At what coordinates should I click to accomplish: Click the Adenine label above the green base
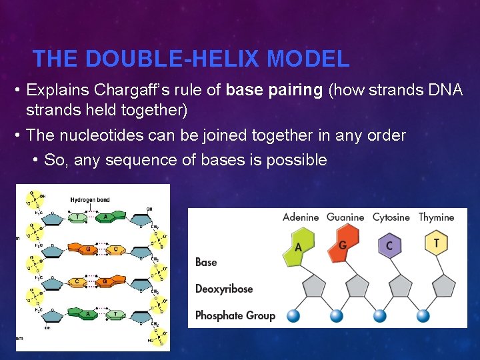tap(301, 217)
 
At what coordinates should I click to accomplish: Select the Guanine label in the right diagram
tap(345, 217)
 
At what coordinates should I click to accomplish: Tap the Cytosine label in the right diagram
tap(391, 217)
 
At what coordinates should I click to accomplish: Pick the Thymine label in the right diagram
tap(436, 217)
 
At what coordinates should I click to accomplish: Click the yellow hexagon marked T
tap(436, 243)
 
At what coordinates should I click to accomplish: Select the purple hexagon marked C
tap(389, 246)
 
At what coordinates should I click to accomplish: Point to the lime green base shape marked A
tap(298, 247)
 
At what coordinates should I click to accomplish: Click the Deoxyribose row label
tap(225, 289)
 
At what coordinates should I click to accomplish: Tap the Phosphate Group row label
tap(235, 315)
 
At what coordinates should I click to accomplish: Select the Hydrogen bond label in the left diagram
tap(91, 200)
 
